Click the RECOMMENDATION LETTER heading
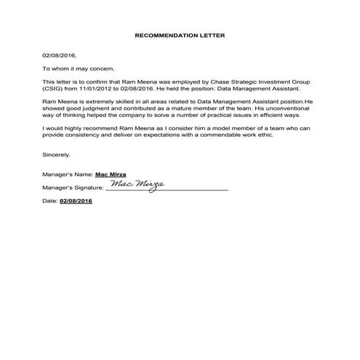tap(180, 34)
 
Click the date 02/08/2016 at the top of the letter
tap(59, 55)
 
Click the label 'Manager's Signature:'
tap(73, 188)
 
